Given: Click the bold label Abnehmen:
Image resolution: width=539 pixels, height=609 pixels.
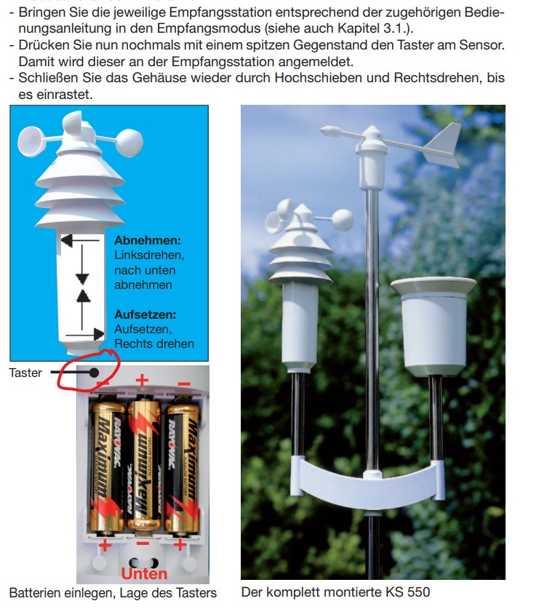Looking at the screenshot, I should coord(147,240).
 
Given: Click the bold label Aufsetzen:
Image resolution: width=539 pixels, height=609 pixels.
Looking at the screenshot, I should coord(145,314).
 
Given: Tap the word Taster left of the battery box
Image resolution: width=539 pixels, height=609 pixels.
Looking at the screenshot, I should coord(25,373).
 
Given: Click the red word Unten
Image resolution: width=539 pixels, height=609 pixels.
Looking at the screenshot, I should coord(143,573).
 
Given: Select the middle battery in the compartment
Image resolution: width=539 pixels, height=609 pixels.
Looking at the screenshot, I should coord(144,466).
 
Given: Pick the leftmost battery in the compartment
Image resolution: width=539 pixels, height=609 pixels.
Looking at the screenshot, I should coord(106,466).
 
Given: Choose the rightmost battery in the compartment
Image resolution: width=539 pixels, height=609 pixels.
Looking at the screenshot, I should coord(181,466).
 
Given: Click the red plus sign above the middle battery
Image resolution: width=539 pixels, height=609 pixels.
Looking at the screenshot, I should coord(143,380).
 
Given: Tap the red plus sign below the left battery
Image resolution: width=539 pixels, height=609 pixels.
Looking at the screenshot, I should coord(105,545).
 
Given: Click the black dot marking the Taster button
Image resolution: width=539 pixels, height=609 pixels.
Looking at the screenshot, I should coord(95,373).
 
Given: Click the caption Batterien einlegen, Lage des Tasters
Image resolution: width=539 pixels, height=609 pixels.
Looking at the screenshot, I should coord(113,592).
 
